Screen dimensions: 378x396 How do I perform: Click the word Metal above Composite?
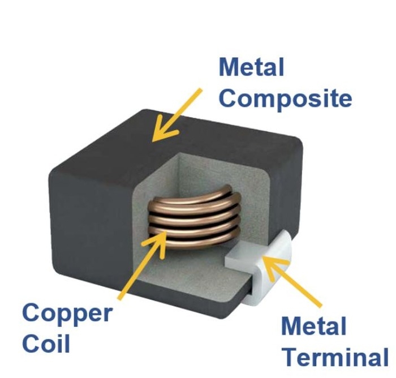(251, 68)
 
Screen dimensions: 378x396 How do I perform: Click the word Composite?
(285, 98)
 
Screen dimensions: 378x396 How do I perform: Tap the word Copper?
(67, 313)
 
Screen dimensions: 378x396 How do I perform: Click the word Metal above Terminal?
(313, 327)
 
